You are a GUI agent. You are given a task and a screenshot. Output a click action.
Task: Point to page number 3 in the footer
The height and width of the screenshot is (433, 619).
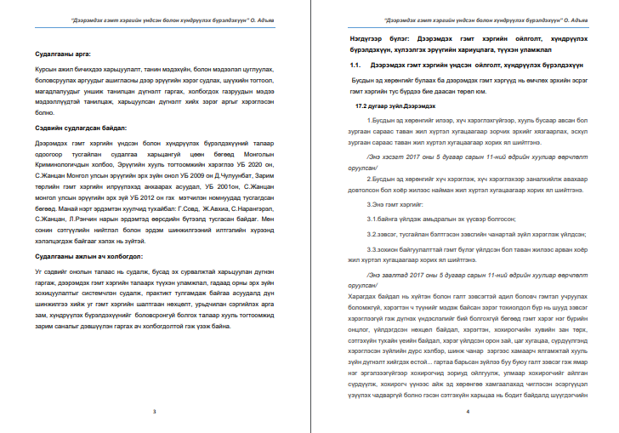pos(154,410)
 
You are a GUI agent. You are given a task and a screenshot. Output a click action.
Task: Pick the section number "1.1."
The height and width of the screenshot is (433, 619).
pos(355,65)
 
